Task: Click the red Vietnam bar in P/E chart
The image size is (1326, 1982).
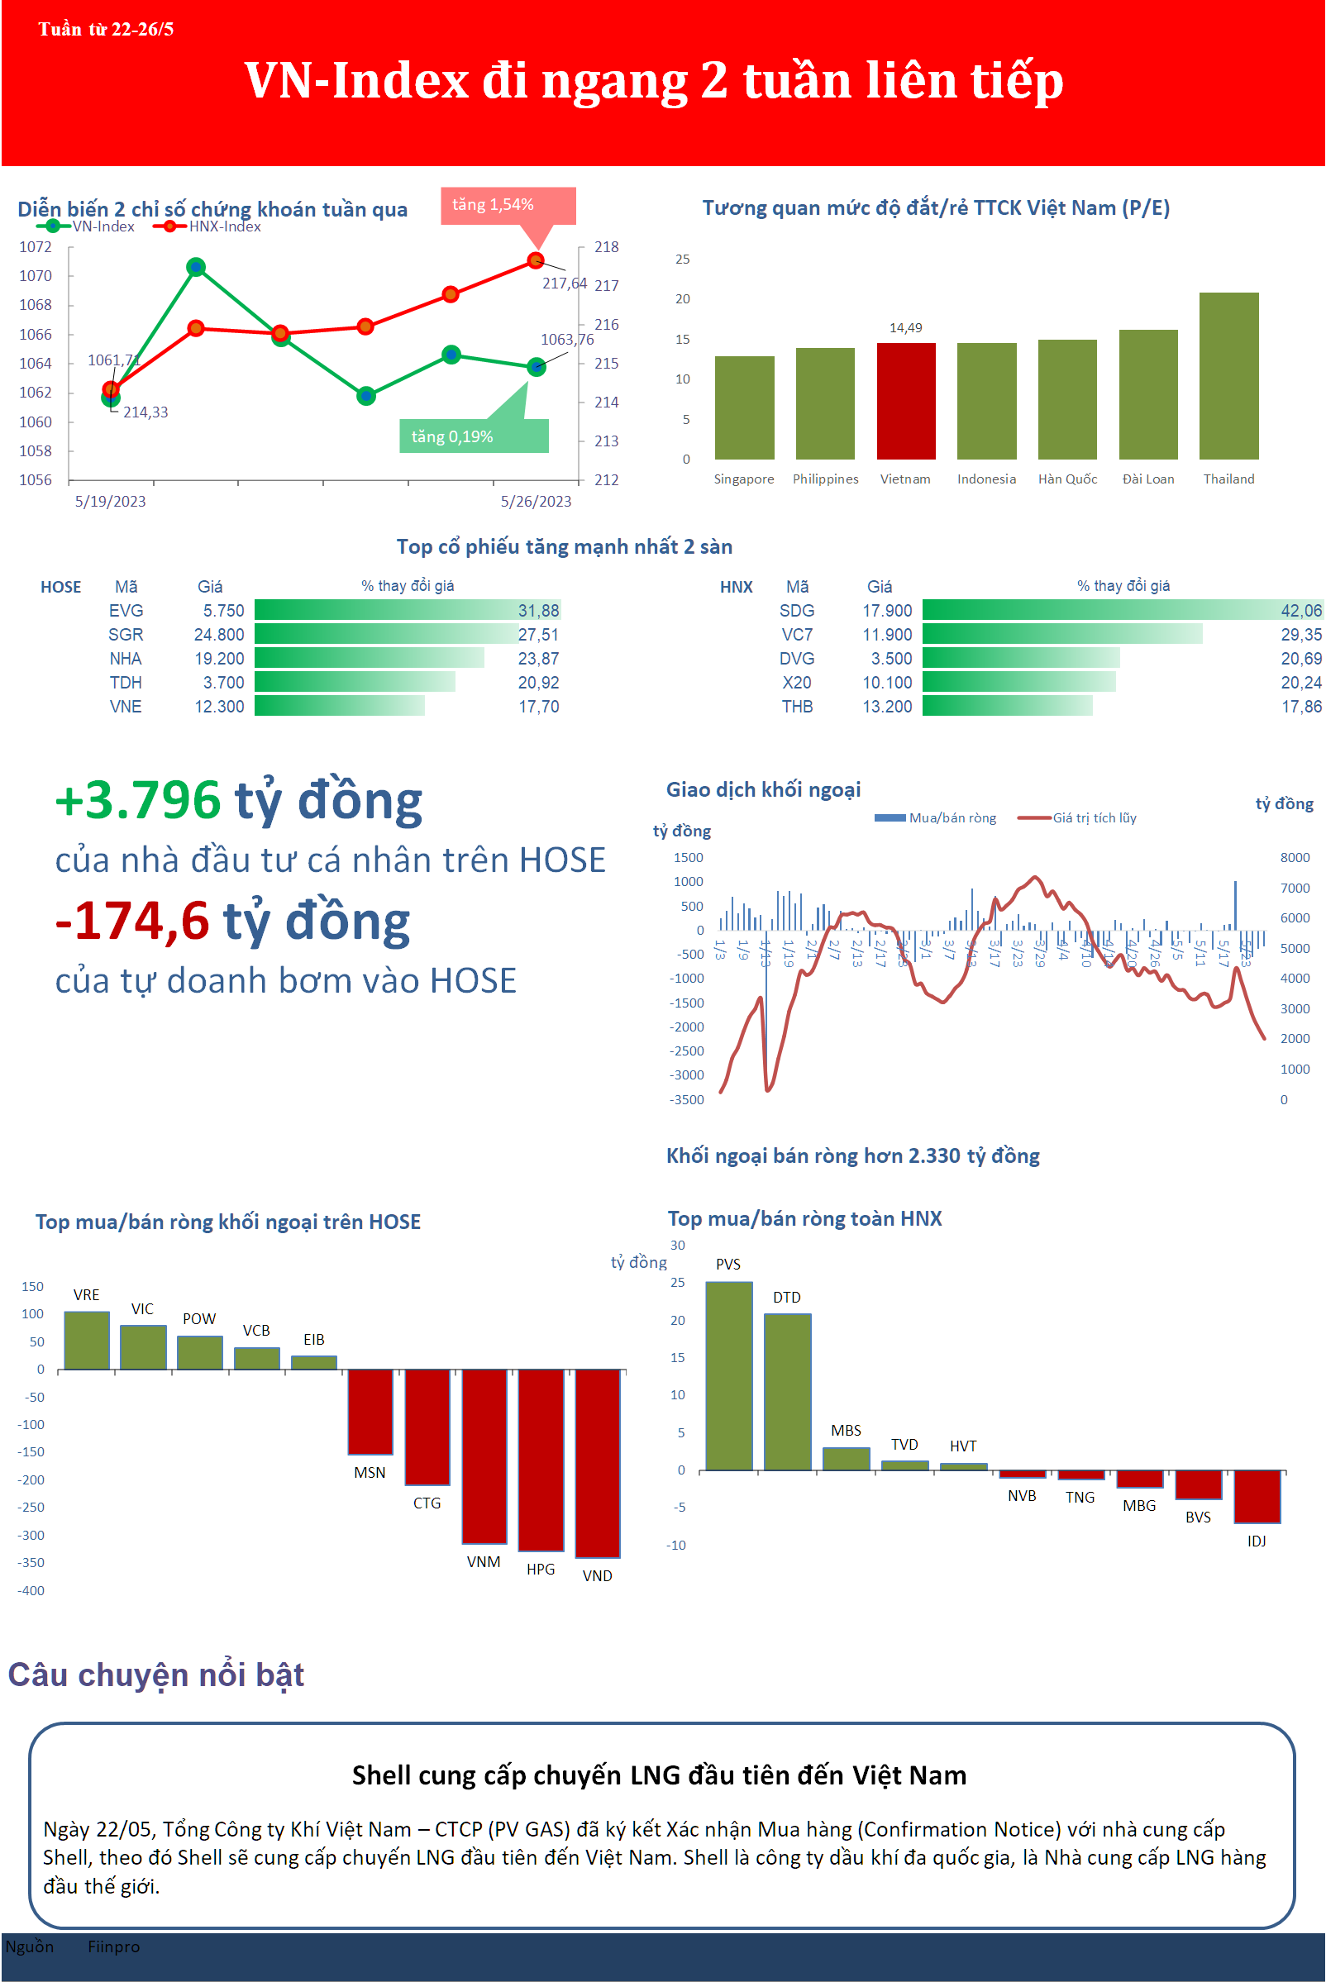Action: pos(906,401)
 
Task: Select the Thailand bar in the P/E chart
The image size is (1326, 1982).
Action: pos(1228,375)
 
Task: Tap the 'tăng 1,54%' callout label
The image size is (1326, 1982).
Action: pos(493,205)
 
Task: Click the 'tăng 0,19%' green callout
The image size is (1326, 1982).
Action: pos(453,436)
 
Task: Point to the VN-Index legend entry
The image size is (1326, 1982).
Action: pos(103,226)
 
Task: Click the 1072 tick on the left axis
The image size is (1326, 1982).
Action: pos(36,247)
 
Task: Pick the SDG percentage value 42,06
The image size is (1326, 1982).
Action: pos(1300,611)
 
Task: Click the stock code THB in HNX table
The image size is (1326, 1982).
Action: pos(797,706)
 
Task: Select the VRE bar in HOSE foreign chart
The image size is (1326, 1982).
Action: pos(86,1341)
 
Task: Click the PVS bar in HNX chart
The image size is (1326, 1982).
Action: pos(728,1375)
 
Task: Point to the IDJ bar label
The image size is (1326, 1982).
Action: pos(1256,1541)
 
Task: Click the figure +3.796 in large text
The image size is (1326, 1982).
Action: pos(138,800)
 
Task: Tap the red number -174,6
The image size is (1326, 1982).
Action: pos(132,921)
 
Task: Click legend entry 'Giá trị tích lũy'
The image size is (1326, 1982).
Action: pos(1094,817)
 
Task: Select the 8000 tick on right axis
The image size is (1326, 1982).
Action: pos(1294,857)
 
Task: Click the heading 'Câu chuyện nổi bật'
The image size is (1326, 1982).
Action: pos(156,1675)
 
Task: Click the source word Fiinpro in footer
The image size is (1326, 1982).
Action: pos(113,1946)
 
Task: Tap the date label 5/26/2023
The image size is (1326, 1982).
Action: pos(536,502)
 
